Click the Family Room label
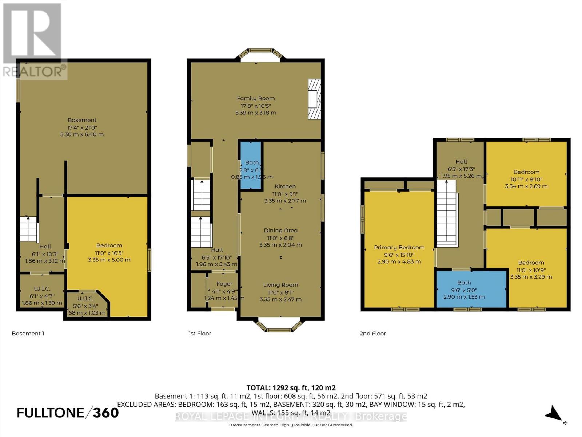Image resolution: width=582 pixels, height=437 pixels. [x=256, y=98]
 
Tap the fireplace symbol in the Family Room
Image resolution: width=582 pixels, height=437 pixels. [x=315, y=99]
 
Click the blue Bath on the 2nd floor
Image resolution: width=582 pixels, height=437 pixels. [x=471, y=289]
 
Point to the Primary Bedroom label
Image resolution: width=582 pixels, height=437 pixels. [x=399, y=248]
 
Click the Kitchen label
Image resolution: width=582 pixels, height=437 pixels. [x=285, y=186]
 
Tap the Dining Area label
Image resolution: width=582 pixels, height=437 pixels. [x=280, y=231]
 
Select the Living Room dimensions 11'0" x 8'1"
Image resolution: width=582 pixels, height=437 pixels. [x=280, y=292]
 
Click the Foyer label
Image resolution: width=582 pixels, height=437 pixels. [x=224, y=284]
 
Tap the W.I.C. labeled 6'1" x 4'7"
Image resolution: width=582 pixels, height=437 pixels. [x=42, y=295]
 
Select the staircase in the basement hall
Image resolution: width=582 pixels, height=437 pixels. [x=28, y=229]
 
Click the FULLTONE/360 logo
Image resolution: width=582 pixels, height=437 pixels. [x=68, y=413]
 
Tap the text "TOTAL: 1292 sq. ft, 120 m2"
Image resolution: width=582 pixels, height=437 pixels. [x=291, y=388]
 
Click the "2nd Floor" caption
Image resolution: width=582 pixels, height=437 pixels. [x=372, y=334]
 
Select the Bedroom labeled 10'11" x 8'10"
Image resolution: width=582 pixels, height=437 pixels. [x=526, y=179]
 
